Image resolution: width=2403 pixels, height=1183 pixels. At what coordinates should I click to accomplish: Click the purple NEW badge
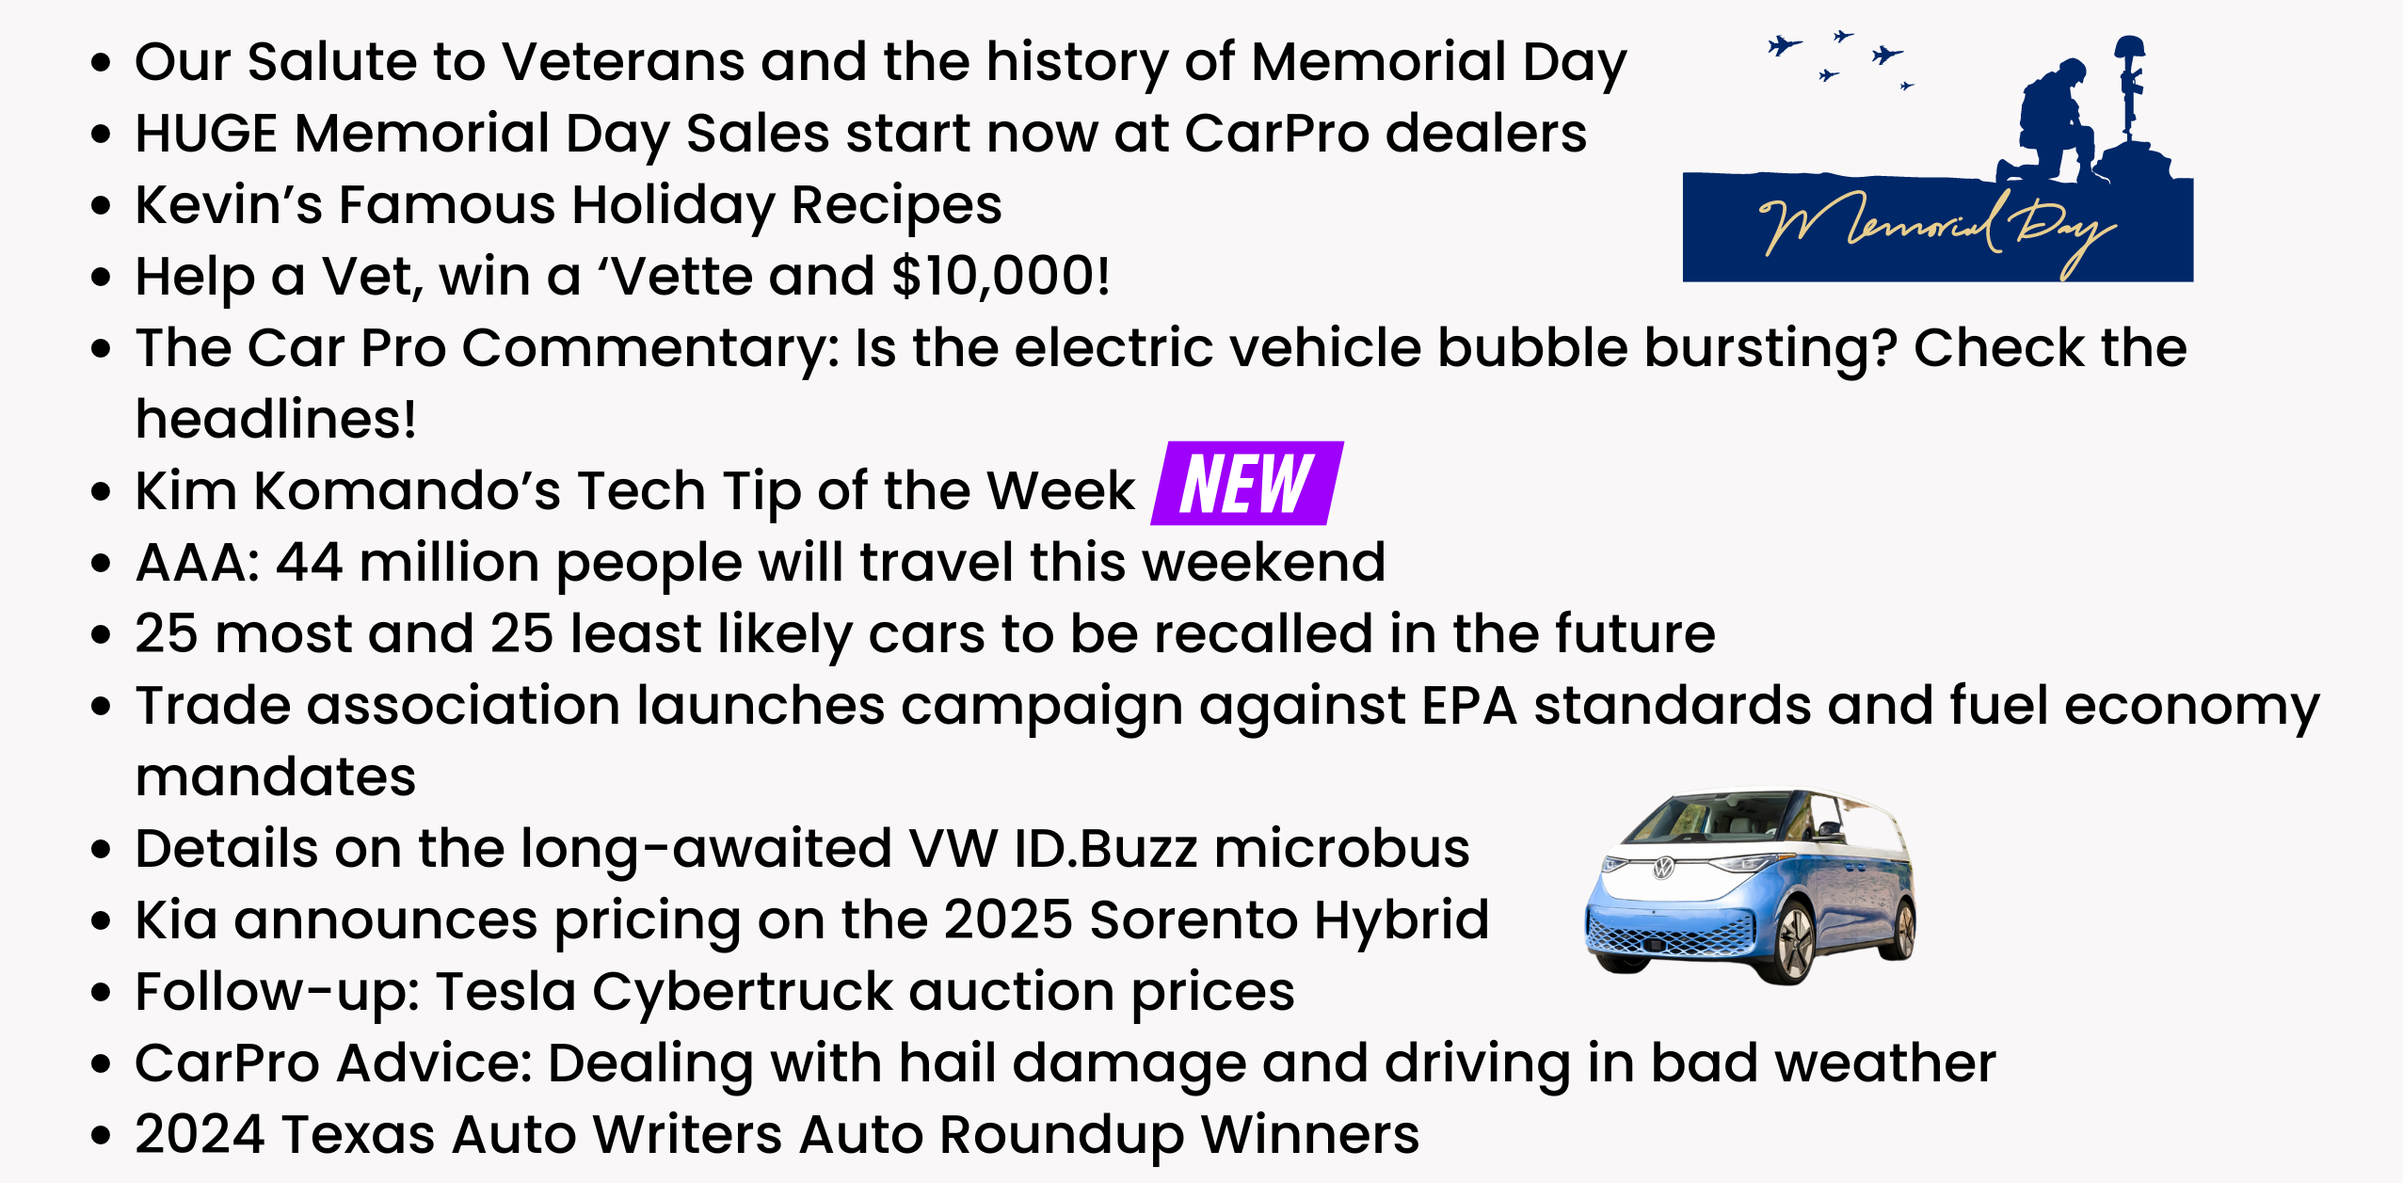(x=1246, y=484)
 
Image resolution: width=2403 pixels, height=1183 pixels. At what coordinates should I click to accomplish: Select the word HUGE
(x=206, y=134)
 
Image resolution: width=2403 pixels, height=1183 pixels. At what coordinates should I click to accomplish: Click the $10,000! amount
(x=1001, y=277)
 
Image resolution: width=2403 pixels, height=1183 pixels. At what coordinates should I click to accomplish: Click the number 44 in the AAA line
(x=309, y=563)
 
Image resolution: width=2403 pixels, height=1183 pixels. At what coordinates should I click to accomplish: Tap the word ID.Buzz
(x=1105, y=849)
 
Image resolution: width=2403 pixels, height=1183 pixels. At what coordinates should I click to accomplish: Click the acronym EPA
(x=1469, y=706)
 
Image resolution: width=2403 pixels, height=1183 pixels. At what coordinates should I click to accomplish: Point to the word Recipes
(x=896, y=205)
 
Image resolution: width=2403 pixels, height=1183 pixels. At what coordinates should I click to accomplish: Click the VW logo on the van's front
(x=1664, y=868)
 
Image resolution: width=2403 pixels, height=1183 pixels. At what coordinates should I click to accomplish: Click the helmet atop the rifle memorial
(x=2129, y=47)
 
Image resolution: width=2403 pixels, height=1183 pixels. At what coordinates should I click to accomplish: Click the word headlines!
(x=276, y=420)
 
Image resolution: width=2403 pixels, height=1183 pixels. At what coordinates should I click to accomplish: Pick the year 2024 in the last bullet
(x=200, y=1135)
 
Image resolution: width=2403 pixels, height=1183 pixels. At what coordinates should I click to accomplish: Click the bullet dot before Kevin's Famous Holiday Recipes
(x=101, y=205)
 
